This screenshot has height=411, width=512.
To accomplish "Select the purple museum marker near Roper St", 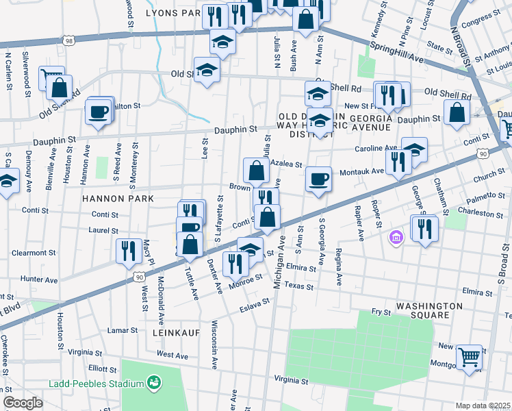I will click(395, 238).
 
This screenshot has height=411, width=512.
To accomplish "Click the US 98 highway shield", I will click(69, 42).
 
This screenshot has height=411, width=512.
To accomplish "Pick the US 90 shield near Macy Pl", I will click(139, 277).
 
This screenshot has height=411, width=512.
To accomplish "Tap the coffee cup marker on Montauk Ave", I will click(318, 179).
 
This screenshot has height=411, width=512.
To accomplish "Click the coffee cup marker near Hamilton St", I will click(99, 111).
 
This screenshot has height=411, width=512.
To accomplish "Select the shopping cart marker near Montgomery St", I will click(469, 357).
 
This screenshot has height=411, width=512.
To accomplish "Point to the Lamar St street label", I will click(123, 330).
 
